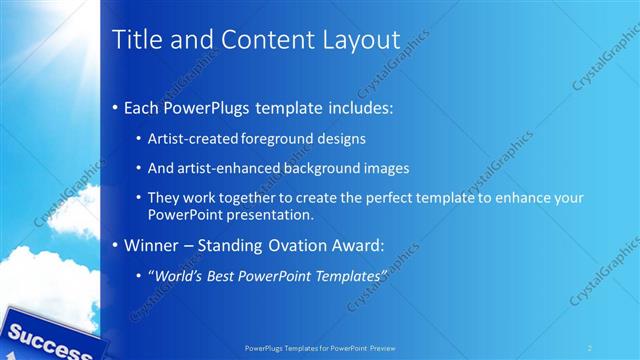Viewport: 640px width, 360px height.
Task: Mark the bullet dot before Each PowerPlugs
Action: (x=116, y=107)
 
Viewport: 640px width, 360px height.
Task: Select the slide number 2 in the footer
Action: (x=589, y=347)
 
